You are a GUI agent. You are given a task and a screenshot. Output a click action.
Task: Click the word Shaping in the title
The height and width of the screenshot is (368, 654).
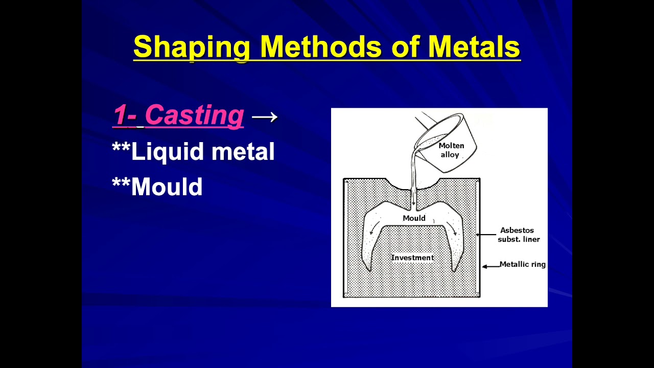point(191,47)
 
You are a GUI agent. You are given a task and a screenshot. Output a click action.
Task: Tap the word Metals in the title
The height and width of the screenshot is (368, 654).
point(474,47)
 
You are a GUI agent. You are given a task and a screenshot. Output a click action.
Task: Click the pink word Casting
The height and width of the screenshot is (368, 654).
point(194,115)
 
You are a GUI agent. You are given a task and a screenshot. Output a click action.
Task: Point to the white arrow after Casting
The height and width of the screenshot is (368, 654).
point(265,117)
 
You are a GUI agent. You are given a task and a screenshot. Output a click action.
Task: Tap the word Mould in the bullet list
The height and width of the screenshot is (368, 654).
point(167,187)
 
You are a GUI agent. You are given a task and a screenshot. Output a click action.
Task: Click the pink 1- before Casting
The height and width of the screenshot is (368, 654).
point(125,115)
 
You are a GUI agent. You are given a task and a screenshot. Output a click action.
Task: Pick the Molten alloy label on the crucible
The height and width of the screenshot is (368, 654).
point(451,150)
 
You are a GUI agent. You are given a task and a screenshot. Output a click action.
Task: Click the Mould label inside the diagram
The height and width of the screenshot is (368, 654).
point(414,218)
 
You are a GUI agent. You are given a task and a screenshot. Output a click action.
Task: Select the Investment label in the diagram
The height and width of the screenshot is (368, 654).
point(412,258)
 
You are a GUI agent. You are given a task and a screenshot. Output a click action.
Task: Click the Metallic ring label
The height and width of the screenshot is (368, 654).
point(522,264)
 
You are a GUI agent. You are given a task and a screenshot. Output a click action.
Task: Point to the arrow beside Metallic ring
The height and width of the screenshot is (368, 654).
point(491,266)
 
